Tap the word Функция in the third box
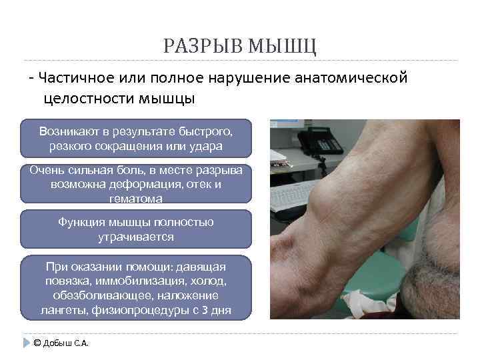pyautogui.click(x=81, y=222)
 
